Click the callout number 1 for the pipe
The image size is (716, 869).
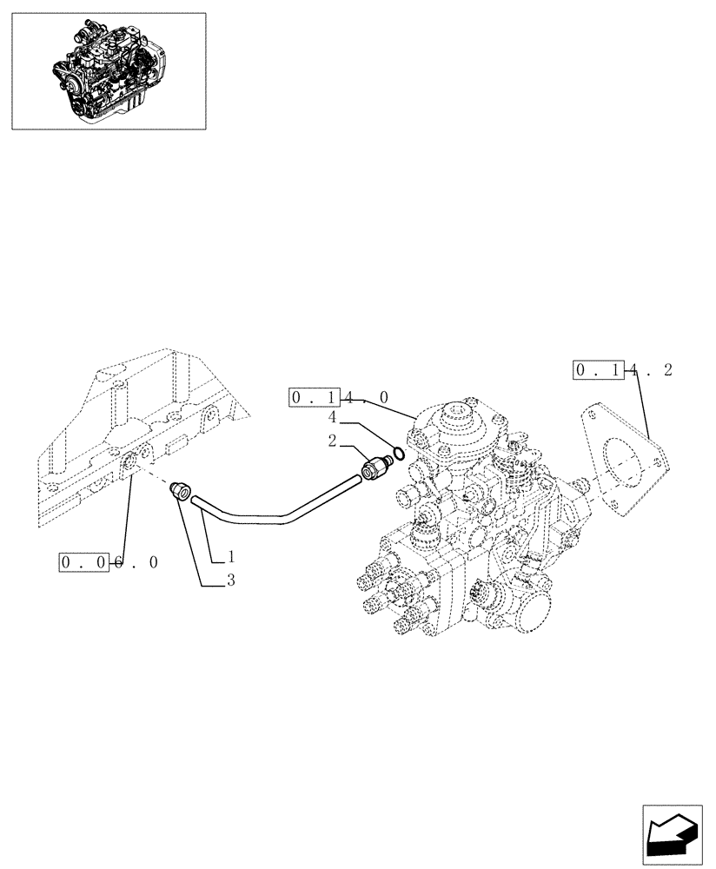(232, 556)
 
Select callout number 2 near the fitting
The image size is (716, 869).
(332, 441)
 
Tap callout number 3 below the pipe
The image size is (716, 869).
(231, 581)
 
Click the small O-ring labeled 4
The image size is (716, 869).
(397, 453)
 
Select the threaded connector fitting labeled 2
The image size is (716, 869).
(377, 468)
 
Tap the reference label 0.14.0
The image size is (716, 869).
(340, 398)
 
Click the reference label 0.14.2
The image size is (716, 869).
(623, 371)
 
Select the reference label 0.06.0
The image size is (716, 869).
(109, 562)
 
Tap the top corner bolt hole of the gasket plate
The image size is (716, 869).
(593, 416)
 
